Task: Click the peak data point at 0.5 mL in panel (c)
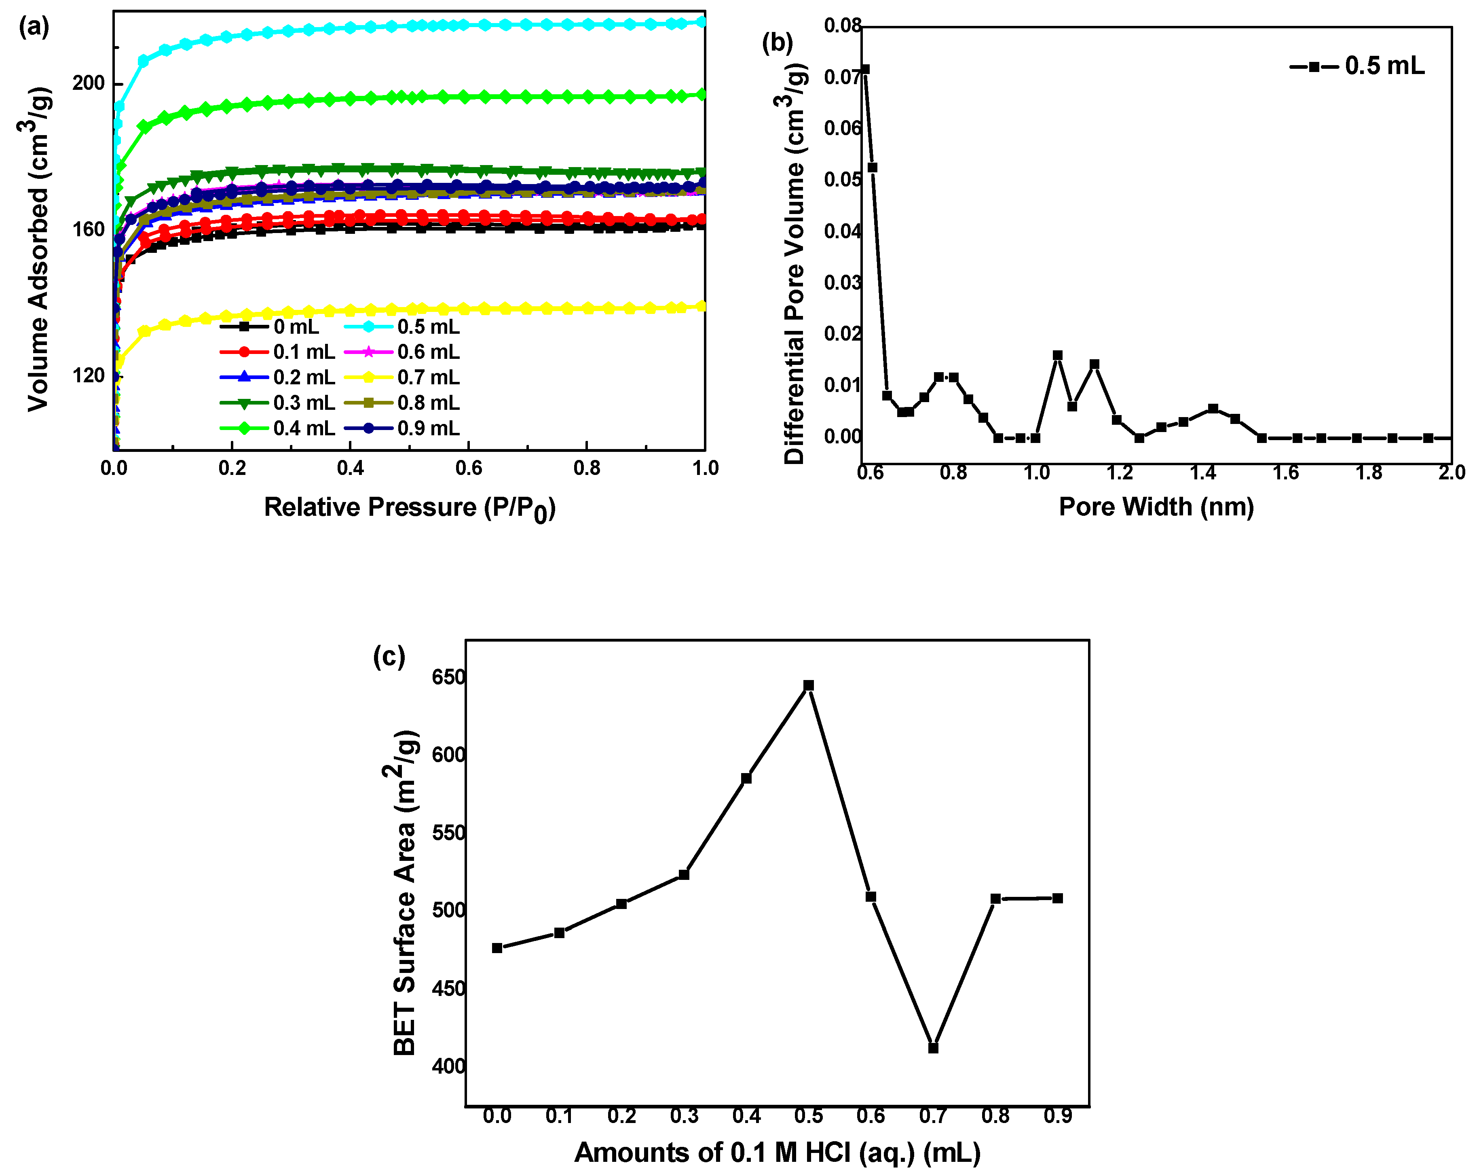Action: [x=808, y=685]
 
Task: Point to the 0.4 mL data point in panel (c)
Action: [x=746, y=778]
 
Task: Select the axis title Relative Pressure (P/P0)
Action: [x=410, y=508]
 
